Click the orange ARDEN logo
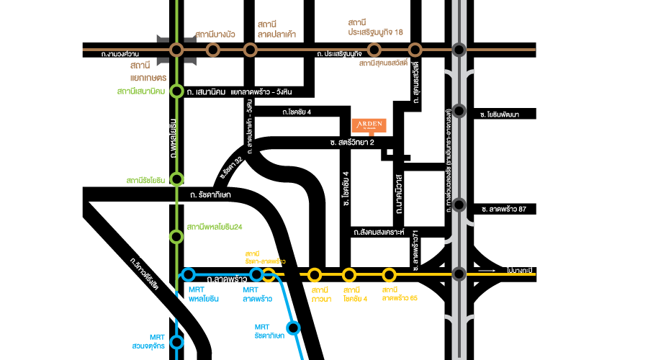[x=369, y=125]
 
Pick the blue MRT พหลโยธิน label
[x=198, y=294]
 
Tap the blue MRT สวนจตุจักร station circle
[x=176, y=343]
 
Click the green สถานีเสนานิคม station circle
[x=176, y=91]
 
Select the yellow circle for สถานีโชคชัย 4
[x=349, y=274]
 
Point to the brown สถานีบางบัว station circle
[x=213, y=50]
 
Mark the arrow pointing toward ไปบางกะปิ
[x=487, y=271]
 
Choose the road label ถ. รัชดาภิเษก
[x=210, y=195]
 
